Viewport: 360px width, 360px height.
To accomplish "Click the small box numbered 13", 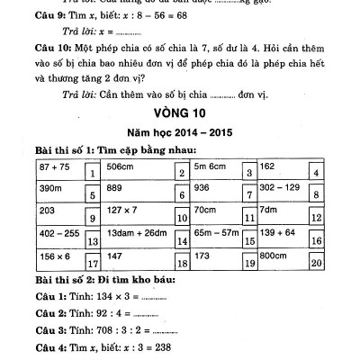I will pos(92,240).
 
